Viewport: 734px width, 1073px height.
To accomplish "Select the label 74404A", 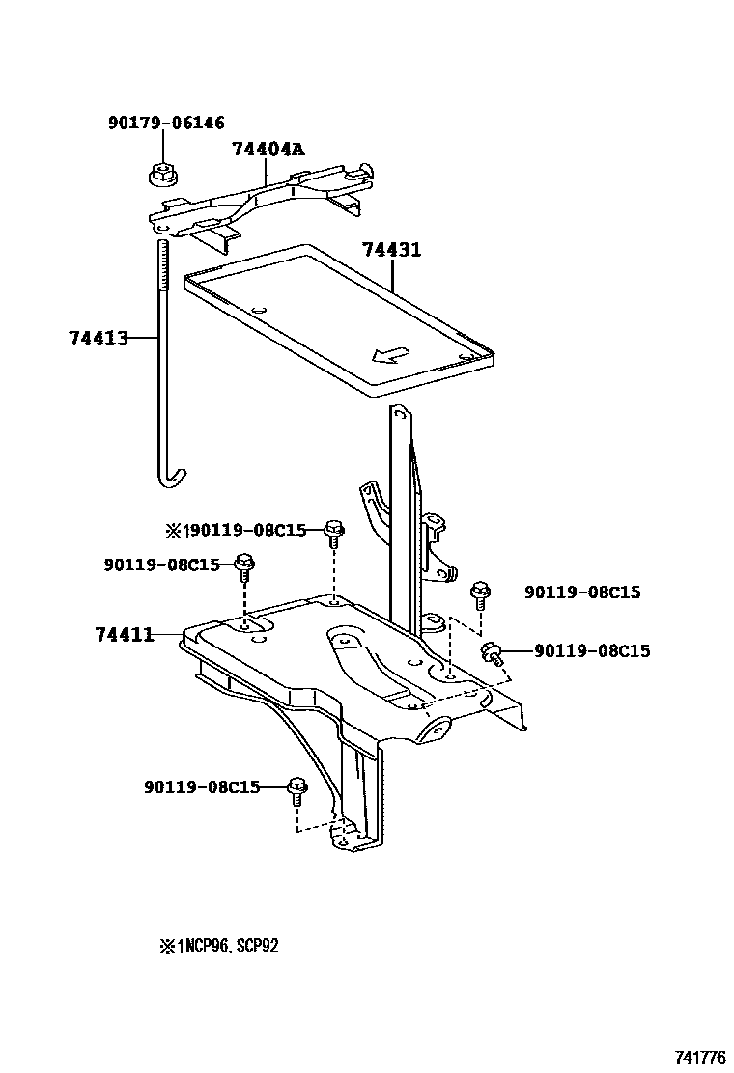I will [x=268, y=149].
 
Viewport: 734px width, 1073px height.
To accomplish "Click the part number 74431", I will [x=392, y=250].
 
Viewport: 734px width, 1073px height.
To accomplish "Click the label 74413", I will [x=99, y=338].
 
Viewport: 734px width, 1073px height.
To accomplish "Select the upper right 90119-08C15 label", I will [x=582, y=592].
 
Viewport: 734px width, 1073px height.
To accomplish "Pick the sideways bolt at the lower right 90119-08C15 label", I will [x=493, y=654].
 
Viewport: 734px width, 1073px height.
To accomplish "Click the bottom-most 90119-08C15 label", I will [x=202, y=786].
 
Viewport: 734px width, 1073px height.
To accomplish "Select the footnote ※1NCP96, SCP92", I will [x=219, y=947].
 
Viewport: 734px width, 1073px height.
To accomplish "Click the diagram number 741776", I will [x=700, y=1058].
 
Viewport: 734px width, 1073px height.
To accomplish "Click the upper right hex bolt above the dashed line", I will [x=480, y=592].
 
